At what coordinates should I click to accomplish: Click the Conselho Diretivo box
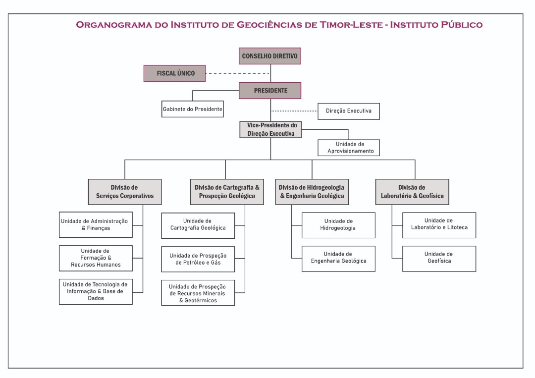(x=270, y=56)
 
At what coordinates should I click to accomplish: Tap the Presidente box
(x=270, y=91)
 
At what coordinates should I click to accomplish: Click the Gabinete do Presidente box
(x=192, y=109)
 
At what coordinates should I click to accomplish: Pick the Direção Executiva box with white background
(x=348, y=111)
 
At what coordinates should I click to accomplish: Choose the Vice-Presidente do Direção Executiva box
(x=270, y=129)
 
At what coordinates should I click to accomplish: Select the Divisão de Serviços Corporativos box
(x=125, y=192)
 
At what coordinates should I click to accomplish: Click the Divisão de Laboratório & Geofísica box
(x=412, y=192)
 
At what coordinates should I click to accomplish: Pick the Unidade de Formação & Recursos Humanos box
(x=96, y=258)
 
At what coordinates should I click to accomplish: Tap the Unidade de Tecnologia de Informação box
(x=96, y=291)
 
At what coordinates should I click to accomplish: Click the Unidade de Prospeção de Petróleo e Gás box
(x=198, y=259)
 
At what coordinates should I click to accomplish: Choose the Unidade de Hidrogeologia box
(x=338, y=224)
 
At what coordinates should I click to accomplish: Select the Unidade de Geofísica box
(x=439, y=258)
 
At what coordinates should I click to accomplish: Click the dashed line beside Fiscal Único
(x=238, y=73)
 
